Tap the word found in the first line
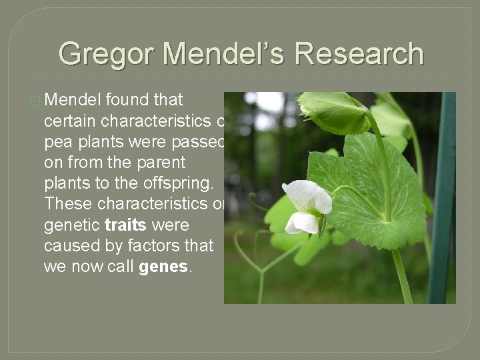(x=126, y=100)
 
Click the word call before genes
(x=121, y=267)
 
